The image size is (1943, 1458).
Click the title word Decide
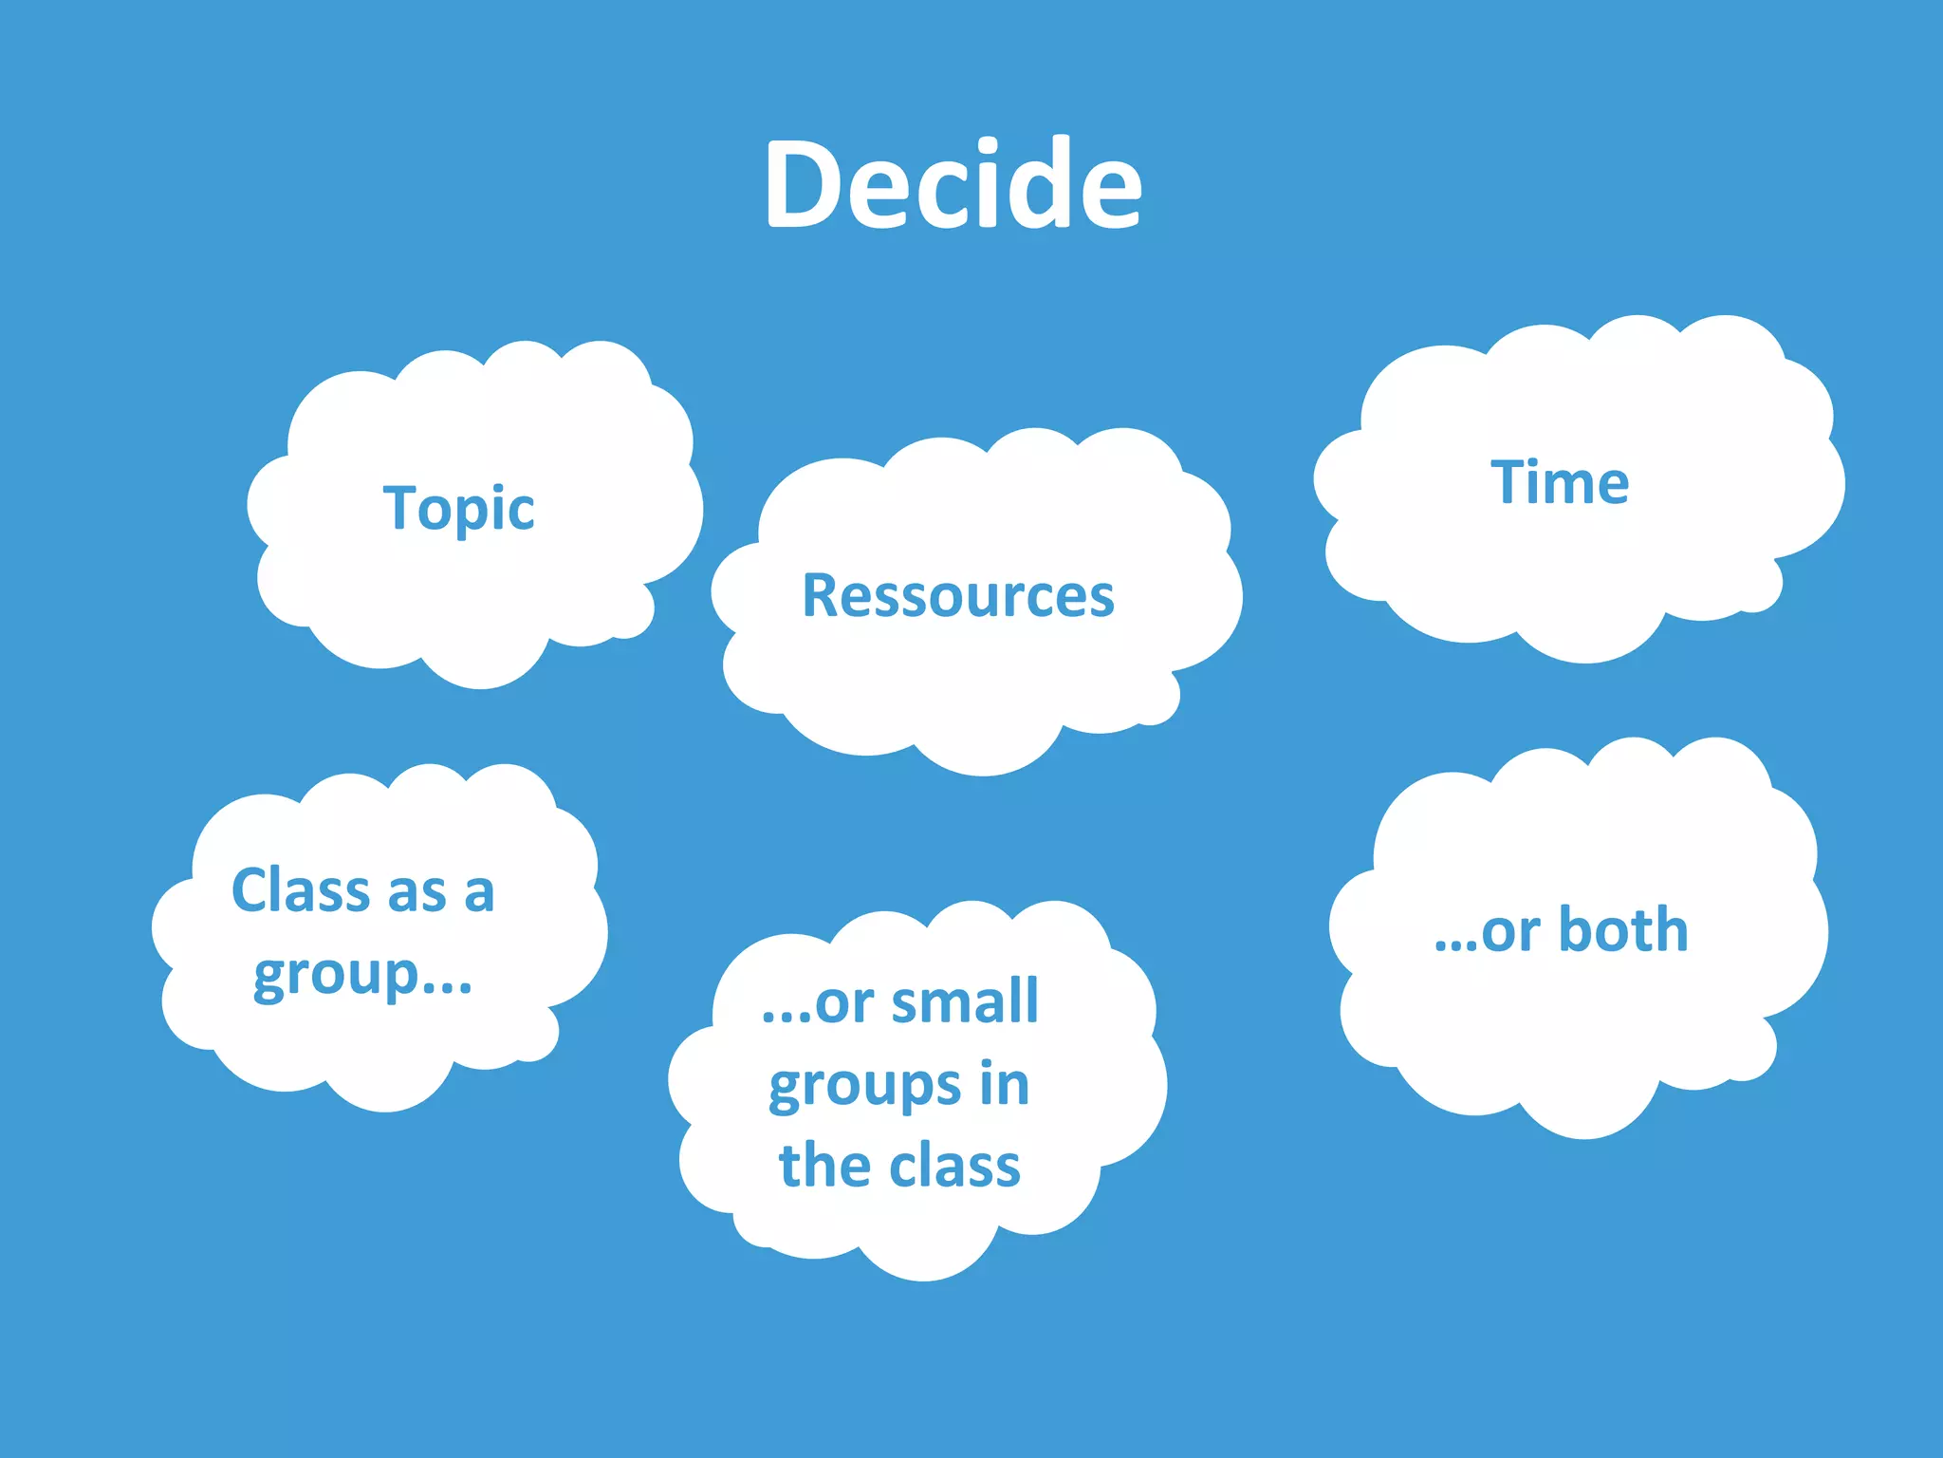coord(953,184)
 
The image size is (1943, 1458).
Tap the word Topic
coord(458,509)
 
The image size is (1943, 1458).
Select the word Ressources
coord(958,596)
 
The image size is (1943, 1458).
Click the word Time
coord(1560,482)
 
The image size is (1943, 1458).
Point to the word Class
coord(301,890)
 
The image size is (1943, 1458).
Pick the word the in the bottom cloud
coord(824,1166)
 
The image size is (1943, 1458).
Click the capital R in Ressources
coord(821,596)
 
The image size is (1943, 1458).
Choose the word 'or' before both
coord(1510,931)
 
